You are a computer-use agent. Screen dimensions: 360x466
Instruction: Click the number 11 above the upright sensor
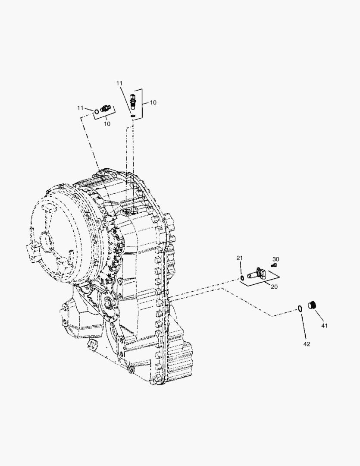119,83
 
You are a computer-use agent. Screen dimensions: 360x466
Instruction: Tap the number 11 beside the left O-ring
80,108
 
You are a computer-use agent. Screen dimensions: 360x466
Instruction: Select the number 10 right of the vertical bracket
153,103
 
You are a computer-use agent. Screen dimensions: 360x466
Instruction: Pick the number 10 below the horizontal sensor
107,124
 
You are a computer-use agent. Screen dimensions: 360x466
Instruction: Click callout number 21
239,258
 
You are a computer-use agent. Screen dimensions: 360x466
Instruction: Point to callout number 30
275,259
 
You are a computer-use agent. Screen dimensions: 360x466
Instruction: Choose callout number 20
274,287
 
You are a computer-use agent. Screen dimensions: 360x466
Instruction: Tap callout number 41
324,326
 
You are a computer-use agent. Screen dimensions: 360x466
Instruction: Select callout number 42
307,344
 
